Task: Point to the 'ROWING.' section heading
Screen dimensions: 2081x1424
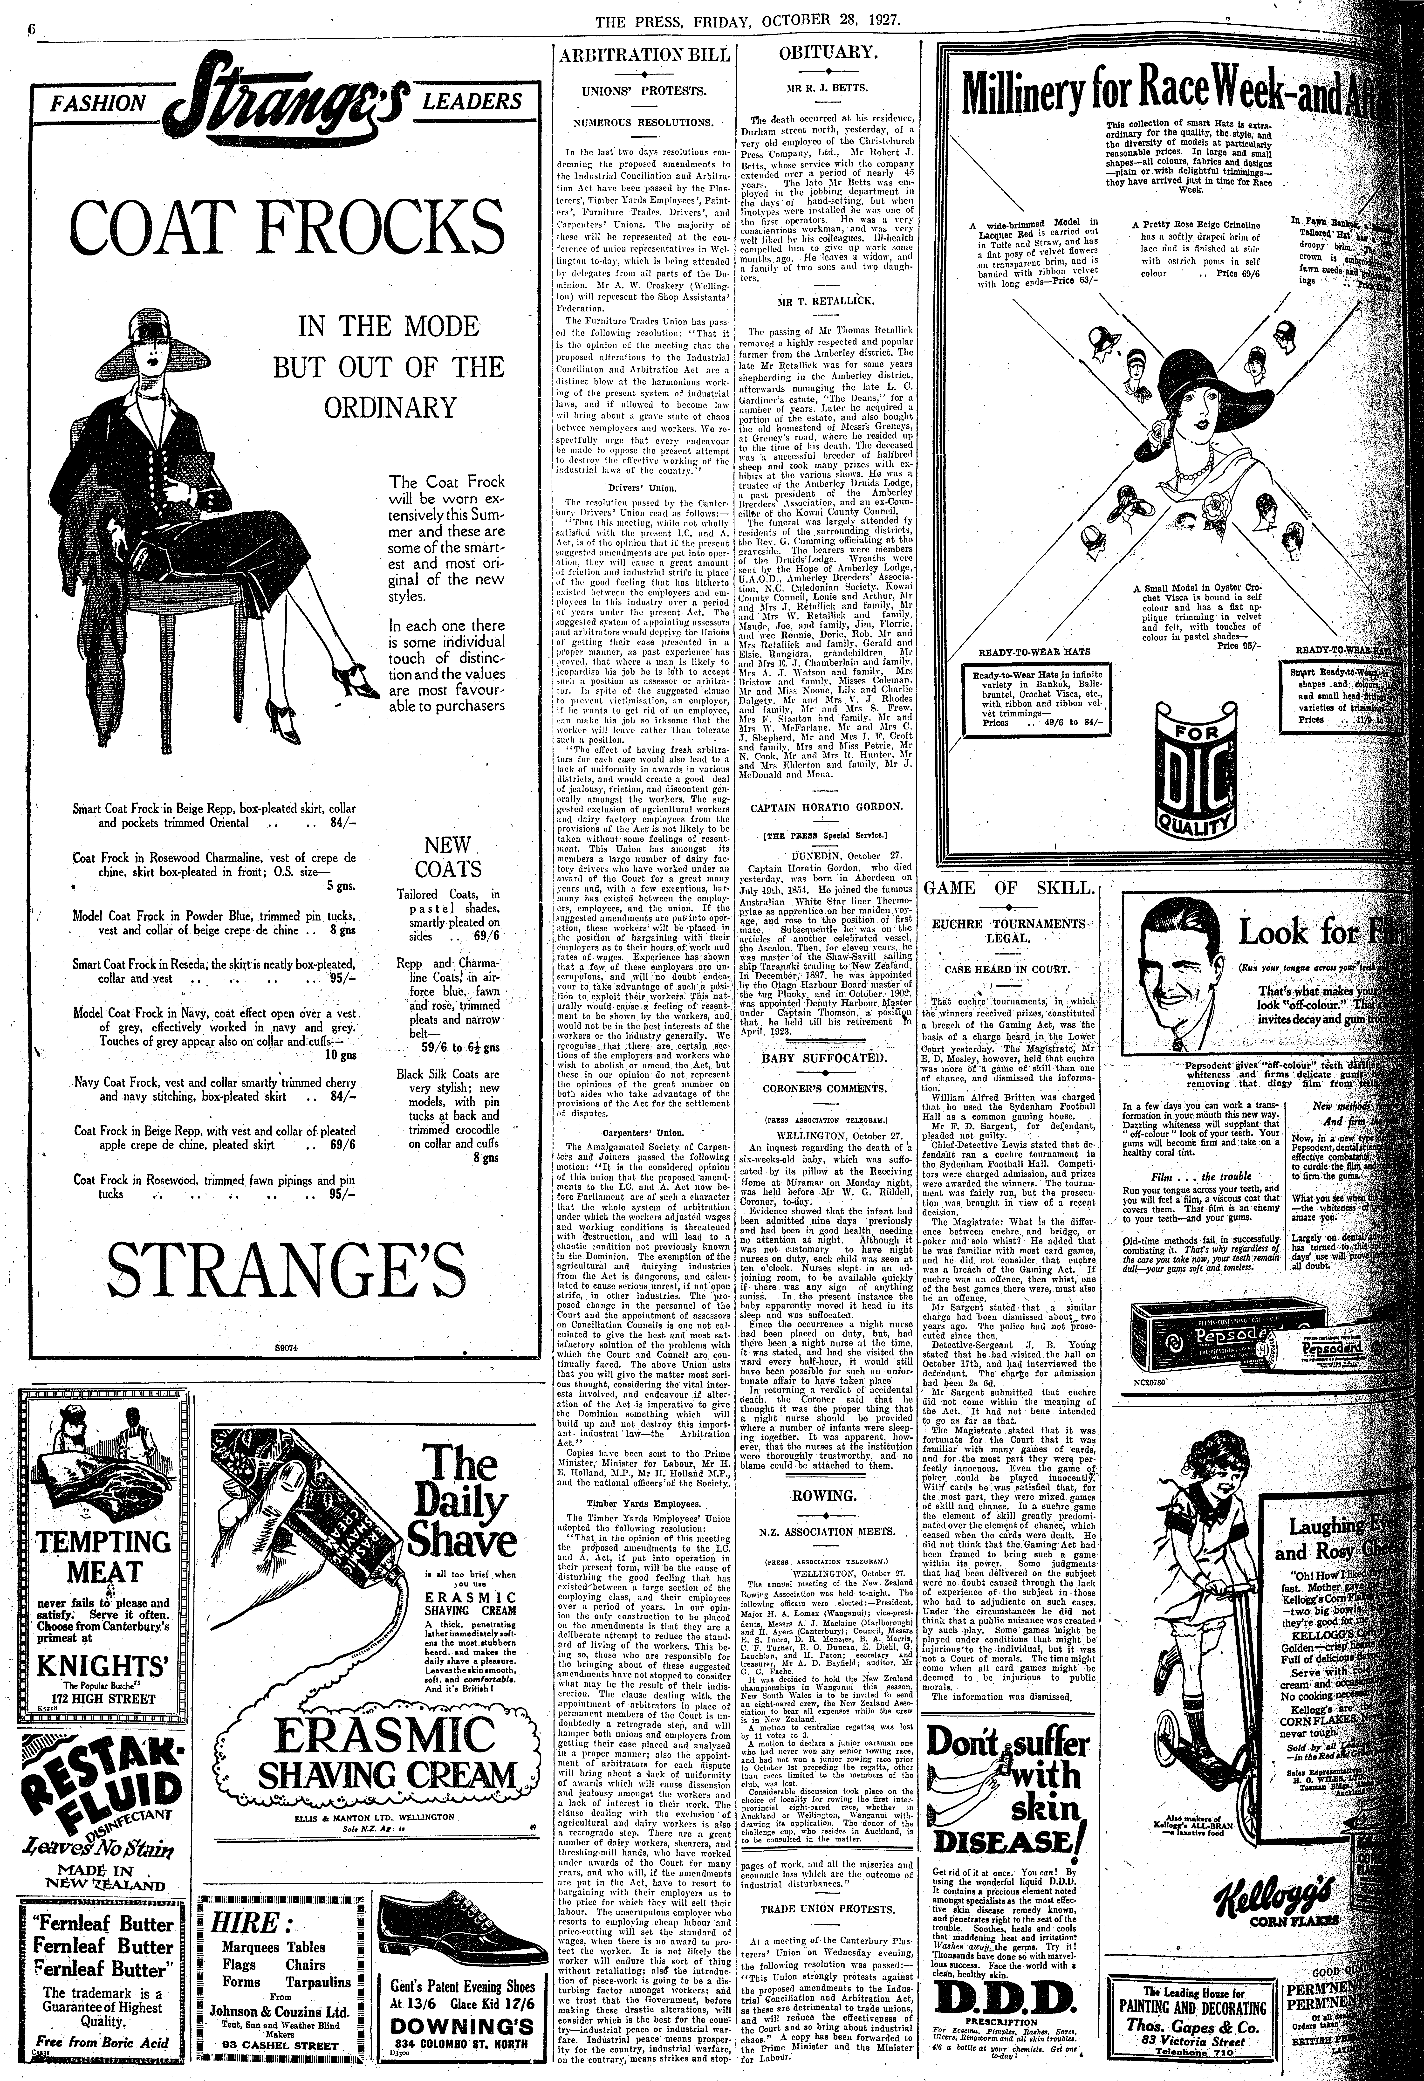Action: point(825,1496)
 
